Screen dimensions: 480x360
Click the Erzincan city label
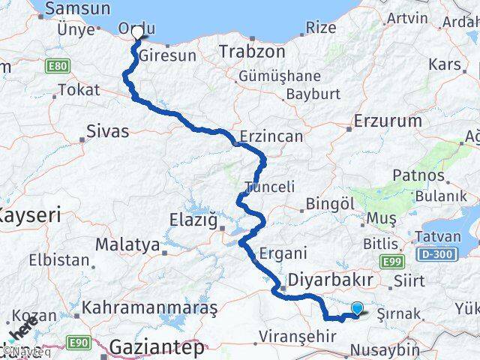pyautogui.click(x=271, y=136)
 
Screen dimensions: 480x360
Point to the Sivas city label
pyautogui.click(x=108, y=131)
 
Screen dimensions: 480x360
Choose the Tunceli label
pyautogui.click(x=270, y=187)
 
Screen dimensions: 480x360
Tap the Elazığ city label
pyautogui.click(x=193, y=220)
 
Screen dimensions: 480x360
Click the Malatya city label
pyautogui.click(x=127, y=244)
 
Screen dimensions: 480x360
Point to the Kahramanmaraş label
pyautogui.click(x=150, y=307)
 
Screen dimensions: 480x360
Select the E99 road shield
pyautogui.click(x=391, y=261)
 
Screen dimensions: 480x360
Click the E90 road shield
pyautogui.click(x=79, y=343)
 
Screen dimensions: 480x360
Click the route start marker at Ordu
pyautogui.click(x=138, y=34)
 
